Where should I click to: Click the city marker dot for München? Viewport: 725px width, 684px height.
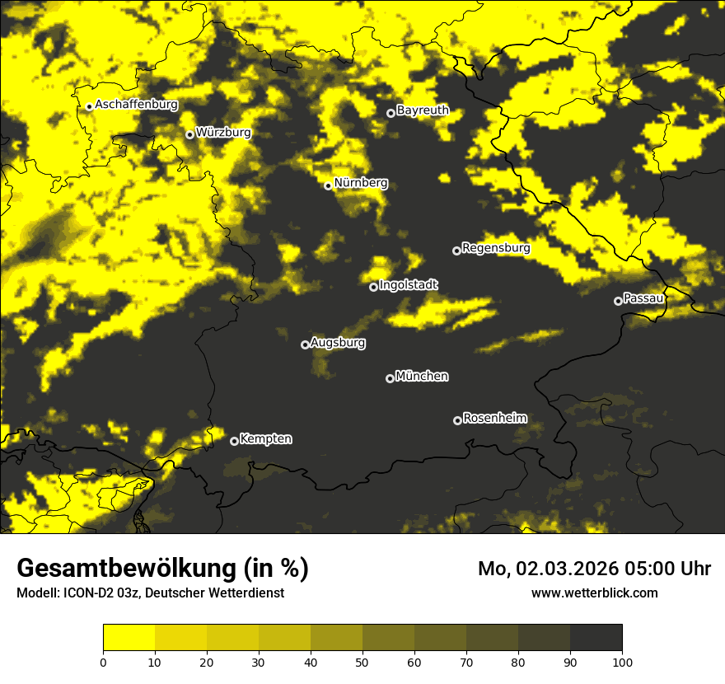390,378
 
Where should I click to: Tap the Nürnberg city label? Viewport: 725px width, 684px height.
361,183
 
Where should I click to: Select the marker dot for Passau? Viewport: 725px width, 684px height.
618,301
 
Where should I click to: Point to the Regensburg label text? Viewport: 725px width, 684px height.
496,247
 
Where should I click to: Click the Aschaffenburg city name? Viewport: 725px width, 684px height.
137,105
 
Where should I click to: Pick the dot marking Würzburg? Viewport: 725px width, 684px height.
189,134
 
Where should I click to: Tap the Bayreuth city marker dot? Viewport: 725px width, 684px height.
391,113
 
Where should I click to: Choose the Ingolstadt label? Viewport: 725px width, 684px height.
409,285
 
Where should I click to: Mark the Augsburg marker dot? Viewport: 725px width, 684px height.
305,344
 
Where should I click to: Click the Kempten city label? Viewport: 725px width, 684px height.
265,438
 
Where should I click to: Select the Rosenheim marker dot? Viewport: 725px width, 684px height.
457,420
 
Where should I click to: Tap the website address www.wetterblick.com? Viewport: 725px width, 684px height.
594,593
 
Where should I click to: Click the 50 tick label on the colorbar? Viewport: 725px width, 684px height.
362,661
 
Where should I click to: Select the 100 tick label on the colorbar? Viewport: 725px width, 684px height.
621,661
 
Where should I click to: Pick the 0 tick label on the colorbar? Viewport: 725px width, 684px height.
103,661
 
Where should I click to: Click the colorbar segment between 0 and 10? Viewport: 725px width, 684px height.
129,638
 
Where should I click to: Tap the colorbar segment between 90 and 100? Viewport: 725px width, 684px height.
596,638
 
